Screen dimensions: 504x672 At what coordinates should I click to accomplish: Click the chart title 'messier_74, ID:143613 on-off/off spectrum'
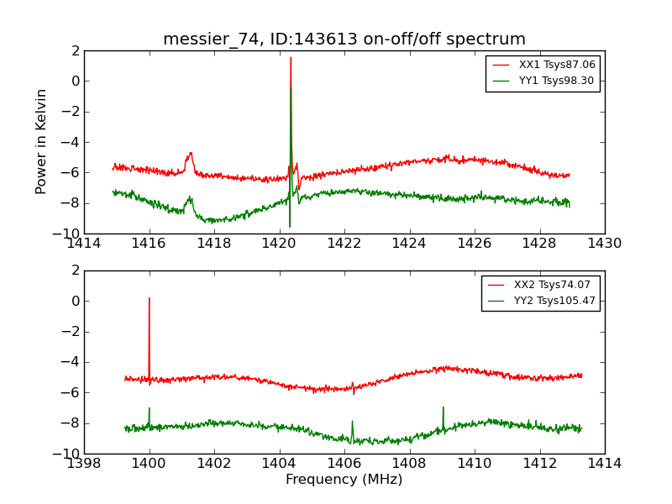[x=344, y=39]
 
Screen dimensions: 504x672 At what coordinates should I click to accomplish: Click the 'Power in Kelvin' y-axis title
[x=41, y=141]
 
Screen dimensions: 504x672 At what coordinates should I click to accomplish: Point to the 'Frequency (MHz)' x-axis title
[x=344, y=480]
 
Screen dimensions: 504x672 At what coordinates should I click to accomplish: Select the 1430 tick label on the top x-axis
[x=605, y=244]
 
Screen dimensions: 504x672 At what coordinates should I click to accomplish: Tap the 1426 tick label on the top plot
[x=475, y=244]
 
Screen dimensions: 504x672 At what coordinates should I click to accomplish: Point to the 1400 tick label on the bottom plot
[x=150, y=463]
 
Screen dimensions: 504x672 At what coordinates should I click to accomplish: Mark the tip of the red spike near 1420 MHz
[x=291, y=58]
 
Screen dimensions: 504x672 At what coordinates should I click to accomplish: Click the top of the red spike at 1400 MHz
[x=150, y=298]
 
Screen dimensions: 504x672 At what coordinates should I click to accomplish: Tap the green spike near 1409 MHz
[x=443, y=408]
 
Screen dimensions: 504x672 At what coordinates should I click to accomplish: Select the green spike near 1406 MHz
[x=352, y=422]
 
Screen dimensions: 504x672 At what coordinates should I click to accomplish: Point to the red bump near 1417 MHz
[x=191, y=154]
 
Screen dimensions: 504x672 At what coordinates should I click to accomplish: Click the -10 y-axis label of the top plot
[x=68, y=234]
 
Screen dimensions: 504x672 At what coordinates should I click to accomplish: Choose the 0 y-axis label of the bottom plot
[x=75, y=301]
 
